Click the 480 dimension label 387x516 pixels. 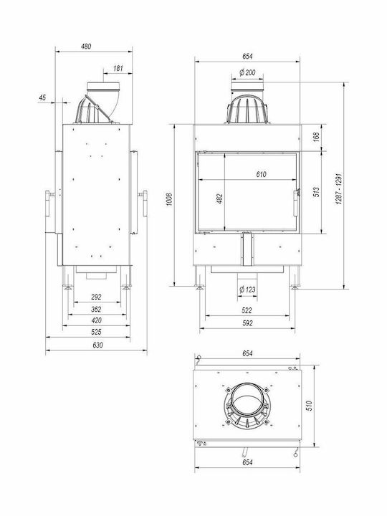click(86, 47)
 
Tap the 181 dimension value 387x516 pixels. click(118, 69)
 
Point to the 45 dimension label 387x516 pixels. click(42, 97)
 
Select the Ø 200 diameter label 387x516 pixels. click(247, 72)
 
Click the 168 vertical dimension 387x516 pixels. click(316, 137)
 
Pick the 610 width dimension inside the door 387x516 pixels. click(262, 174)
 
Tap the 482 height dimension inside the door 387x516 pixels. click(219, 199)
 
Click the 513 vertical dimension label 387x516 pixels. click(316, 192)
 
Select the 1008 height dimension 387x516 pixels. click(169, 199)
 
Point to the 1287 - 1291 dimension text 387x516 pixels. click(339, 188)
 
